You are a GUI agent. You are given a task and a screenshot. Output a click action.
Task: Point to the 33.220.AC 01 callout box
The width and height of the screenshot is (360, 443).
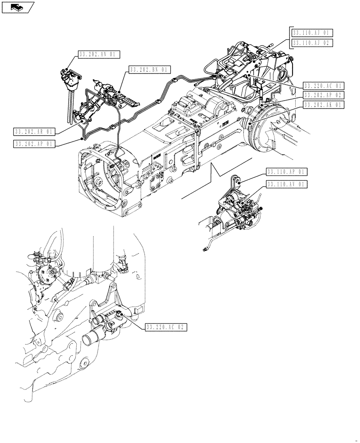pos(324,85)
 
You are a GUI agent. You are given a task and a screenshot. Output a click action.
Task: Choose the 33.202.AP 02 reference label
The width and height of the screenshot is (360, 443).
pos(324,95)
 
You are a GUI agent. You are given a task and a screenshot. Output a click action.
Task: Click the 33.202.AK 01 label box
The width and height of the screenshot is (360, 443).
pos(324,105)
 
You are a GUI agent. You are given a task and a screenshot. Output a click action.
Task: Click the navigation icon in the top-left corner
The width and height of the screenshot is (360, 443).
pos(18,7)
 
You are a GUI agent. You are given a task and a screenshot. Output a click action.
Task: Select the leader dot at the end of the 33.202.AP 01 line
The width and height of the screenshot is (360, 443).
pos(82,139)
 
